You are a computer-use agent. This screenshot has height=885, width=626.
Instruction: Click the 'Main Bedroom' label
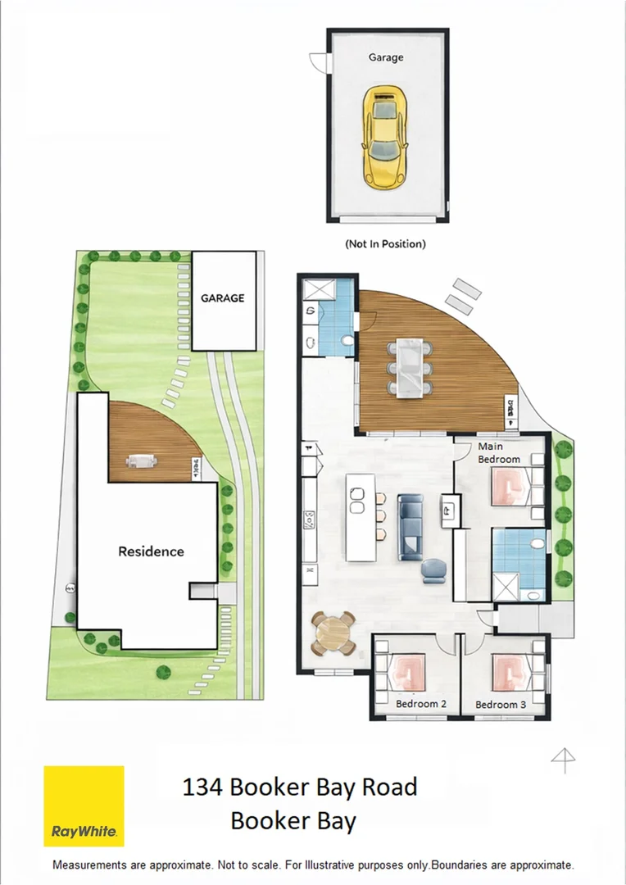tap(499, 453)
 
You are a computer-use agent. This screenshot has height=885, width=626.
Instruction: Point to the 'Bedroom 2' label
tap(420, 704)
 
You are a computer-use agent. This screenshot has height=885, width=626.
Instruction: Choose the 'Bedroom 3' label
tap(501, 705)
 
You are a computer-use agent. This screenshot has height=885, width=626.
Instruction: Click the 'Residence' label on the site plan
tap(151, 551)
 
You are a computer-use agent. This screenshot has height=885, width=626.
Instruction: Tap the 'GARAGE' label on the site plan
tap(223, 298)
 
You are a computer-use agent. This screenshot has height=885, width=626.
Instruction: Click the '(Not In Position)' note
tap(386, 243)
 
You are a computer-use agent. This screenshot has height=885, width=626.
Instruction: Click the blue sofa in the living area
tap(411, 525)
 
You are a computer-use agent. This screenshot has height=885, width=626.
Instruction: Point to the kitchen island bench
tap(358, 516)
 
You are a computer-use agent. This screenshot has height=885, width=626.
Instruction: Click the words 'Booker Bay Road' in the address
tap(323, 787)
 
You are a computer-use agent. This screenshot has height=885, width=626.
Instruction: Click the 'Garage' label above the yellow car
tap(385, 58)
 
